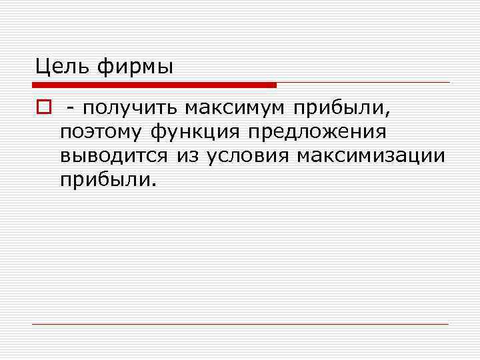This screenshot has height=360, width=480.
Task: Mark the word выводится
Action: click(x=115, y=156)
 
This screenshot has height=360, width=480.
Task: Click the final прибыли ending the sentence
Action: click(x=105, y=180)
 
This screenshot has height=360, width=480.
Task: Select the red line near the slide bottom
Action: click(x=240, y=324)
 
